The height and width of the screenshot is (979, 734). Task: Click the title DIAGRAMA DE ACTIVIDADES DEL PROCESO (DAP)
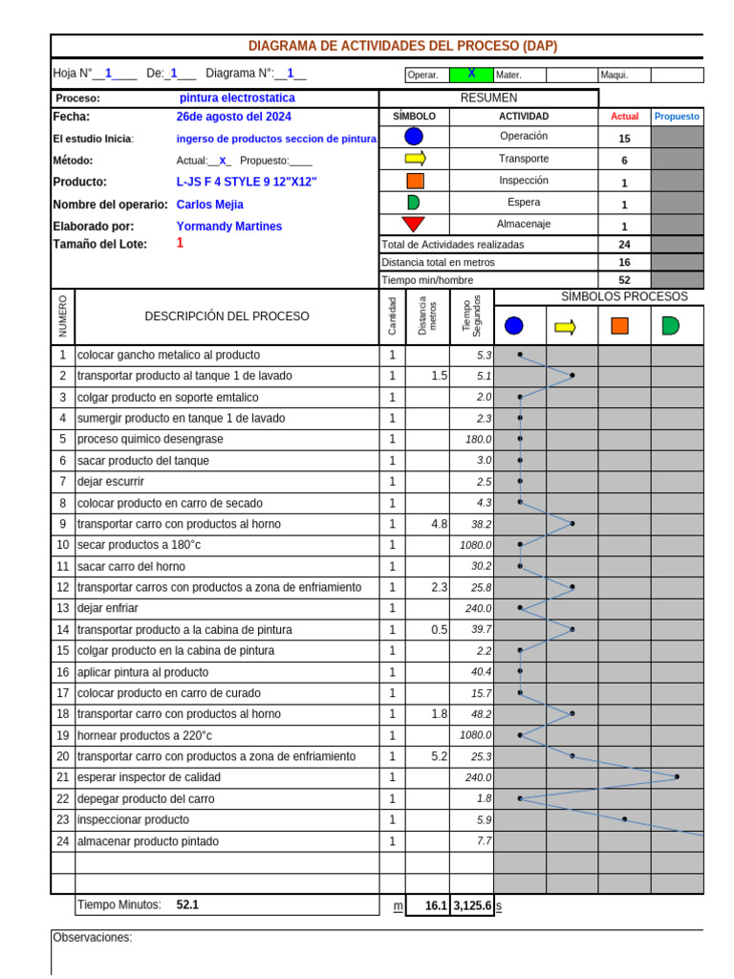pyautogui.click(x=402, y=46)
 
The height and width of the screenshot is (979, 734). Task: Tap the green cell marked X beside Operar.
pyautogui.click(x=470, y=75)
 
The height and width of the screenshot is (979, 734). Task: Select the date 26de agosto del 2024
pyautogui.click(x=234, y=117)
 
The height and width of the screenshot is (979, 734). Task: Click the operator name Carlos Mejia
pyautogui.click(x=210, y=205)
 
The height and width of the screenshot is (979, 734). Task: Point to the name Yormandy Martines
pyautogui.click(x=229, y=227)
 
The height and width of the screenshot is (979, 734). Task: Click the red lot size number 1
pyautogui.click(x=180, y=244)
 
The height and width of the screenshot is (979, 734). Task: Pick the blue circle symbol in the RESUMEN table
pyautogui.click(x=414, y=137)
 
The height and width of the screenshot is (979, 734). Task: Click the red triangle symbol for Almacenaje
pyautogui.click(x=414, y=225)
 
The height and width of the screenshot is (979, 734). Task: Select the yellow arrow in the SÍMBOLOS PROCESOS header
pyautogui.click(x=566, y=327)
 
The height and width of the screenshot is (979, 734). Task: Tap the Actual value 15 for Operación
pyautogui.click(x=624, y=139)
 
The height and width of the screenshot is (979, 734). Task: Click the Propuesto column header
pyautogui.click(x=677, y=117)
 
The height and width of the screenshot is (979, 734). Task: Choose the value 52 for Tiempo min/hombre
pyautogui.click(x=624, y=280)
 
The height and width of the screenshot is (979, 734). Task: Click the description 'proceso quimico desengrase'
pyautogui.click(x=150, y=439)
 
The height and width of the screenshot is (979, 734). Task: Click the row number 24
pyautogui.click(x=63, y=841)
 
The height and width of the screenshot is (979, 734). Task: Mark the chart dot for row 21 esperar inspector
pyautogui.click(x=677, y=776)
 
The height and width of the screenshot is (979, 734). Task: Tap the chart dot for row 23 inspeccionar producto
pyautogui.click(x=624, y=819)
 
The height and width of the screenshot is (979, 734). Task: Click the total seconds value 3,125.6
pyautogui.click(x=472, y=905)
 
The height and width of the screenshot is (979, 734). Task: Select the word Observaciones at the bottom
pyautogui.click(x=93, y=938)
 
